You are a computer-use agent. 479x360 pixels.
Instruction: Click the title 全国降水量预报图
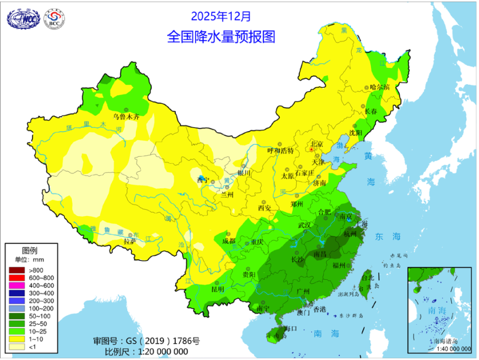(x=221, y=36)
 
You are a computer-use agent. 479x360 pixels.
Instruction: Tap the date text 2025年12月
(x=221, y=16)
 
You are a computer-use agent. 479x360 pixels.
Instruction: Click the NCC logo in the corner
(x=22, y=19)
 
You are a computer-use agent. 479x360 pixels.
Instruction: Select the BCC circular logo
(x=55, y=19)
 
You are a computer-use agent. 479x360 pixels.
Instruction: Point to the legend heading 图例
(x=29, y=250)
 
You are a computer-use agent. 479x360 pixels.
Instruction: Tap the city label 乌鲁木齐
(x=126, y=117)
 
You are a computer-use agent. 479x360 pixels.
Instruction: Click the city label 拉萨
(x=130, y=242)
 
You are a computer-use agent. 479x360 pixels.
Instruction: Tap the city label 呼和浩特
(x=281, y=150)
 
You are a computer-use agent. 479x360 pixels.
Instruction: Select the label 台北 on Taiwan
(x=367, y=277)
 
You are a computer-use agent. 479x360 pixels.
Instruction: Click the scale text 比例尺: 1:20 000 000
(x=146, y=351)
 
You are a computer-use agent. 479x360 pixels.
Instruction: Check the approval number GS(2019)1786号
(x=146, y=341)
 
